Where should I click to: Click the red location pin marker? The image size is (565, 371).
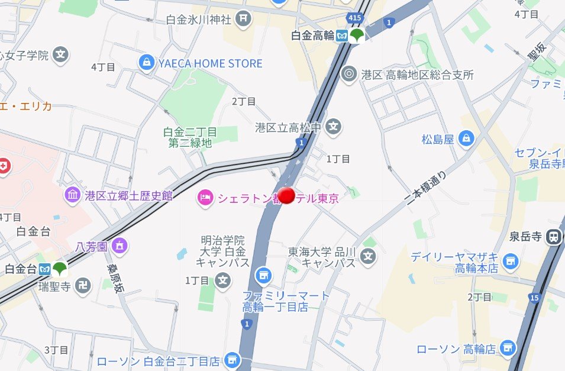(x=287, y=196)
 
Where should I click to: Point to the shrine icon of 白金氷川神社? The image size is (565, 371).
(x=243, y=20)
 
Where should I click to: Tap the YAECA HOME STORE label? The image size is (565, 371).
(x=210, y=63)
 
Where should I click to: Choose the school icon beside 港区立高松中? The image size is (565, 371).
(x=334, y=127)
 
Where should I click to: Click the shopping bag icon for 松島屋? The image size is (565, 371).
(x=467, y=139)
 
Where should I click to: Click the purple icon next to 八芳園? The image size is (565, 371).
(x=120, y=244)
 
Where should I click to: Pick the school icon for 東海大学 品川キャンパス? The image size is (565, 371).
(x=369, y=257)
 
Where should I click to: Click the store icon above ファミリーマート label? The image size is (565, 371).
(x=263, y=275)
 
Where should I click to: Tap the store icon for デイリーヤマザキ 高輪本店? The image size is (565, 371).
(x=510, y=259)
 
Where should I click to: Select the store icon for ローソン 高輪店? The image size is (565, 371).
(x=507, y=349)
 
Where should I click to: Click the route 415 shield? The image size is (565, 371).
(x=355, y=18)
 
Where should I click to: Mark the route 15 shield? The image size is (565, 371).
(x=535, y=298)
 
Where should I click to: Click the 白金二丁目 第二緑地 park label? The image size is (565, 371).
(x=190, y=137)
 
